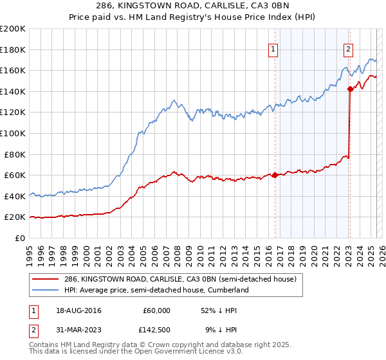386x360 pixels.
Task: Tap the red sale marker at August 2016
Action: (275, 175)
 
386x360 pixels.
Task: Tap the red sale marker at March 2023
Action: (350, 89)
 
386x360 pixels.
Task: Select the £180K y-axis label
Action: (14, 50)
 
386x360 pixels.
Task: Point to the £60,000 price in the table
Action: (156, 310)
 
